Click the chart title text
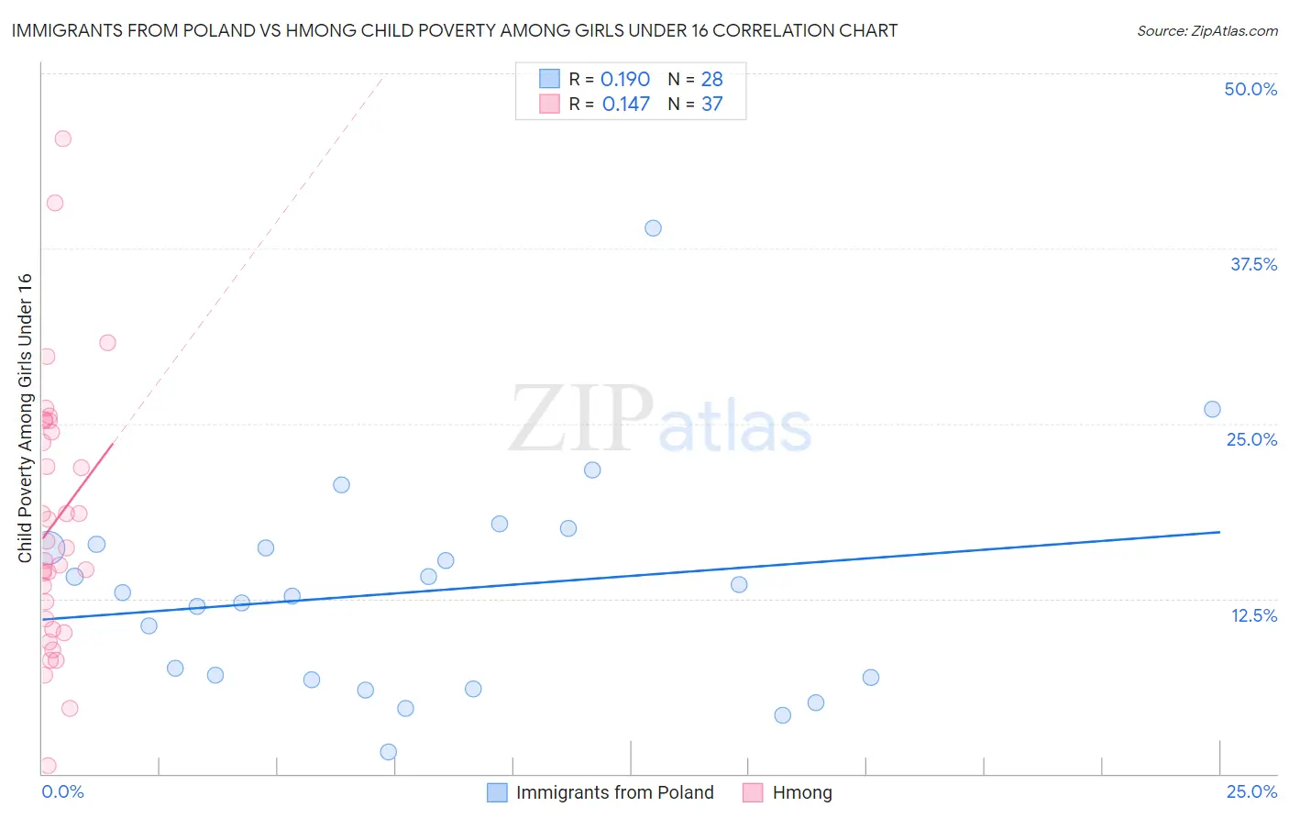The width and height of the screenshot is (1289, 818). pos(455,30)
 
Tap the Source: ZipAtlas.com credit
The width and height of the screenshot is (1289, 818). pos(1206,30)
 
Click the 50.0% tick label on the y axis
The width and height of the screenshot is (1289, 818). pos(1250,89)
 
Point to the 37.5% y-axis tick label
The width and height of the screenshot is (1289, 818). pos(1253,264)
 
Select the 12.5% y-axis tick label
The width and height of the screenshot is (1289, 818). pos(1253,615)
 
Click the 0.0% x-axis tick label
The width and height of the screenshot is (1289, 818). pos(62,791)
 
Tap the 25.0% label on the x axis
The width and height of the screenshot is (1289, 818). pos(1251,791)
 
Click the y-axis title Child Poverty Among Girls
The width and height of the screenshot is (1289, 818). pos(25,417)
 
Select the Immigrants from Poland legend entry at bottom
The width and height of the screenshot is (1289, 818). pos(614,792)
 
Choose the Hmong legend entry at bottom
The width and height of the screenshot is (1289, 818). pos(801,792)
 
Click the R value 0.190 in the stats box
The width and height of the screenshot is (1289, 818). pos(625,79)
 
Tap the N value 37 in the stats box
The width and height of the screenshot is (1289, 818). pos(711,104)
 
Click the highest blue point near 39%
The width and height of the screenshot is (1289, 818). pos(653,228)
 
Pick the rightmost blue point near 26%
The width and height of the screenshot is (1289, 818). pos(1212,409)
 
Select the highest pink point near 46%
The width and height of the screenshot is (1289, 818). pos(62,138)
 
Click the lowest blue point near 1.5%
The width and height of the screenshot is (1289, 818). pos(388,752)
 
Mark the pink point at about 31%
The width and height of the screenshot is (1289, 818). pos(107,342)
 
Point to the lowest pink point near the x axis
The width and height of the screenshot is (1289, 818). pos(48,766)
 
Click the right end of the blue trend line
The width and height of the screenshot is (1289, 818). pos(1219,532)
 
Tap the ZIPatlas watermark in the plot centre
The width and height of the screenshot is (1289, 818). pos(660,420)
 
